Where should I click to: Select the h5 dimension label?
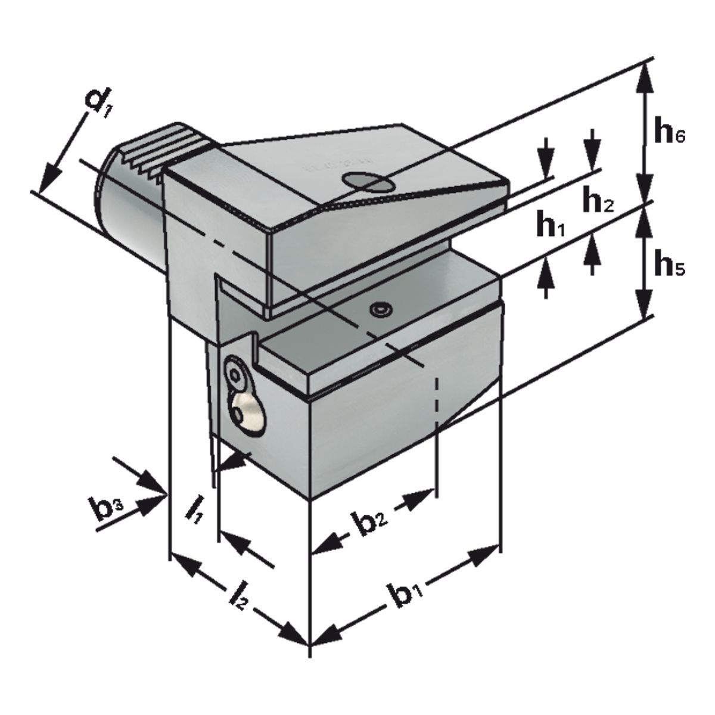coord(668,265)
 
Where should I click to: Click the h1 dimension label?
coord(549,227)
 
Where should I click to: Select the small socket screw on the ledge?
coord(379,310)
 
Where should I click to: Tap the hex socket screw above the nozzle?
coord(237,372)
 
